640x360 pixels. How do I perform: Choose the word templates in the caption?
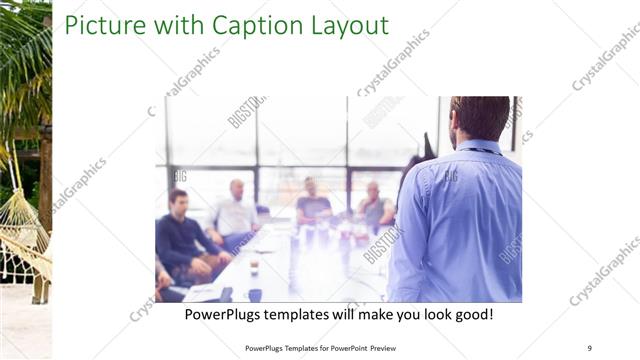[x=319, y=315]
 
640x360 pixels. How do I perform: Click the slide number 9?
[x=589, y=348]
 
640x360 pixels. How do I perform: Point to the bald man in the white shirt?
[x=235, y=212]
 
